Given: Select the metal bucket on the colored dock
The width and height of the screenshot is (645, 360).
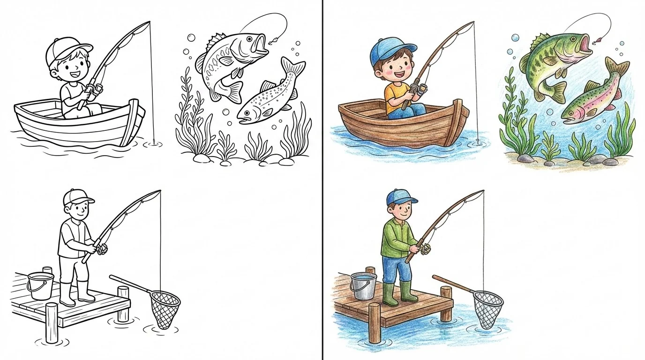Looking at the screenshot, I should coord(363,286).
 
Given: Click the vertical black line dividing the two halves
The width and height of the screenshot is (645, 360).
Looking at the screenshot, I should coord(322,180).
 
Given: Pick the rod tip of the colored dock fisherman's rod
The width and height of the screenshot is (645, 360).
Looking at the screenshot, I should coord(483,191).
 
